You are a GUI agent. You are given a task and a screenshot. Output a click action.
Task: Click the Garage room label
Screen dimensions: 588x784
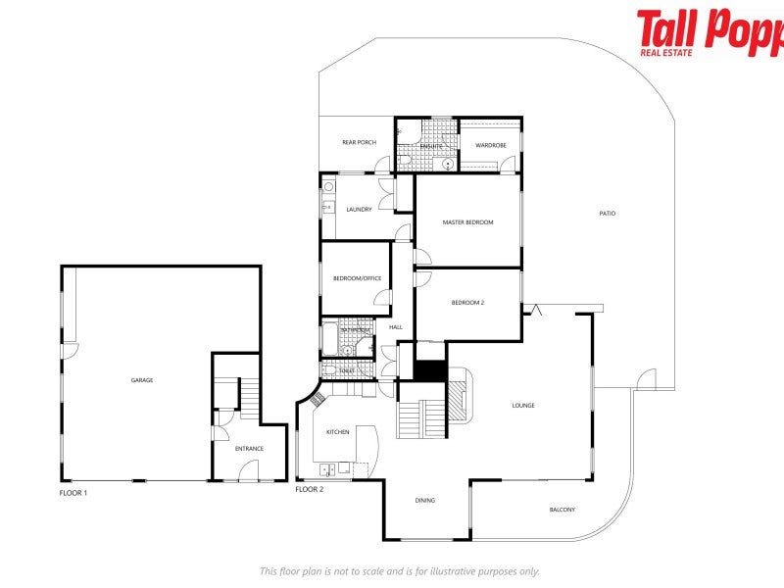[142, 380]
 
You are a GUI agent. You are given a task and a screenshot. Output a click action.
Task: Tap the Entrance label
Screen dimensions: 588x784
[249, 449]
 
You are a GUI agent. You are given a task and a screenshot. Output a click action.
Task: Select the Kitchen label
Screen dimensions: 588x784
[337, 432]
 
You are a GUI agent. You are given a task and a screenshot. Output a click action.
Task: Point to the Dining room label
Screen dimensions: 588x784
[424, 501]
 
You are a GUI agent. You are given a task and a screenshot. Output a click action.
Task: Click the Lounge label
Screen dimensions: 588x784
[523, 405]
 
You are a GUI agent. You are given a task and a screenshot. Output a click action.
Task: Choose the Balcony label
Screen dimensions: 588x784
[562, 510]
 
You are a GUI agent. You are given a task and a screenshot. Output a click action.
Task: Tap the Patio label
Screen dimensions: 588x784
[608, 214]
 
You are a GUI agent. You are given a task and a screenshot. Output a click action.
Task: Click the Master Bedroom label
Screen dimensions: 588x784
[467, 222]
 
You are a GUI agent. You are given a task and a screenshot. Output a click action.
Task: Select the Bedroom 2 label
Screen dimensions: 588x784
[467, 303]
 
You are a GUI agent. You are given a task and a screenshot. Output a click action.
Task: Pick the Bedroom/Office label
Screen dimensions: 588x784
[357, 278]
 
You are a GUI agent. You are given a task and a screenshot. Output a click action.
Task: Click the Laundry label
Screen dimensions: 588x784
[359, 209]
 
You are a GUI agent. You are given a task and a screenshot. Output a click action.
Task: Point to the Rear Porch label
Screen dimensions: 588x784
[359, 143]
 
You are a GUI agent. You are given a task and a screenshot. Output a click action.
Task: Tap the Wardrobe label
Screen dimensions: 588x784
[490, 145]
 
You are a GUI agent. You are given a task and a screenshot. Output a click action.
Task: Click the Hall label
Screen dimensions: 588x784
[396, 327]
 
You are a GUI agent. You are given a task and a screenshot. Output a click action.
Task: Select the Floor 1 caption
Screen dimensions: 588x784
[73, 493]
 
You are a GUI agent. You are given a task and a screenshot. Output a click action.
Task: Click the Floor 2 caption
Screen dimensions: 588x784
[309, 488]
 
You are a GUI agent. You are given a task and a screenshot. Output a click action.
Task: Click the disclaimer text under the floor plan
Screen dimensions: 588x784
[399, 571]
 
